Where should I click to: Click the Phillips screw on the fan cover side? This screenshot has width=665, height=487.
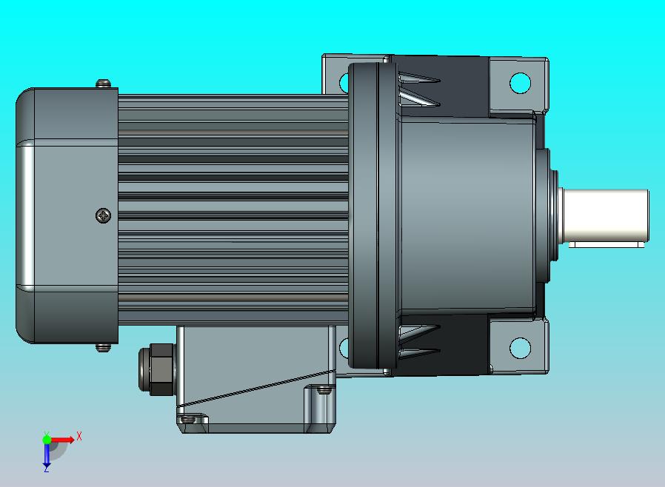104,216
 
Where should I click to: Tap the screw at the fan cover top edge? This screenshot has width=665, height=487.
104,84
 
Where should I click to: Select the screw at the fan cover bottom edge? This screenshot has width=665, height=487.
104,346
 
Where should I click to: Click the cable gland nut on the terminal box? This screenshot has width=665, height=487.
156,368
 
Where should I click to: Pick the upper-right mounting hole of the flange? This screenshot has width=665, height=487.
520,82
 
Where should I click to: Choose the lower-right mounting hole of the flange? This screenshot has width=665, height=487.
520,347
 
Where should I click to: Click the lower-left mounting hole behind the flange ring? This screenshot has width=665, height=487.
344,347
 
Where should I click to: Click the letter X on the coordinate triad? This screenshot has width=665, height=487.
78,437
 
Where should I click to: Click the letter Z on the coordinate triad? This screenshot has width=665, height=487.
46,468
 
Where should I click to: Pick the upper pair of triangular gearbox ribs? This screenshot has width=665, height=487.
418,89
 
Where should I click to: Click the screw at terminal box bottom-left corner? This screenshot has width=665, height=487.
189,420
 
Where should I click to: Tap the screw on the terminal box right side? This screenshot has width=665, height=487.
324,388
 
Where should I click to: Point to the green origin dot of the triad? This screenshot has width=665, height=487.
47,440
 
